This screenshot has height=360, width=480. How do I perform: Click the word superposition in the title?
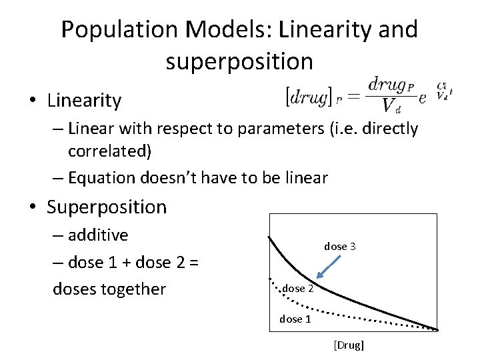click(x=239, y=61)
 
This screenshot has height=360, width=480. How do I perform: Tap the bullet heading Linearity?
click(x=84, y=101)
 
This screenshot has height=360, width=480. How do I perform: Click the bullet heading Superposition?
click(x=106, y=207)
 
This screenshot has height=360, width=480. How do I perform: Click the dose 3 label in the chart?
click(x=340, y=247)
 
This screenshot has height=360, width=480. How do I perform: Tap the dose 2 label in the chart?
click(x=297, y=289)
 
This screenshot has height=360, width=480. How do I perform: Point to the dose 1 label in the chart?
click(x=295, y=319)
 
